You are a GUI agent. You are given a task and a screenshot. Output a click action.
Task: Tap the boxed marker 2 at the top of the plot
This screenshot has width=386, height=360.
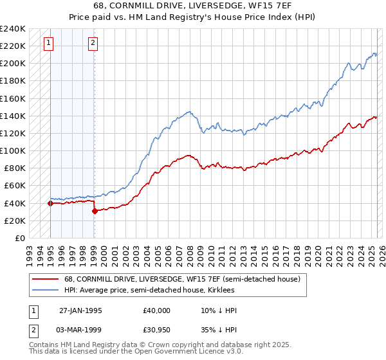(93, 43)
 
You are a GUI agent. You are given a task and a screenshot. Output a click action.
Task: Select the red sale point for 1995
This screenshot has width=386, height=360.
(50, 203)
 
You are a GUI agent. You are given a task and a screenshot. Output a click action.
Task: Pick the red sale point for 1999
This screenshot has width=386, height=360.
(95, 211)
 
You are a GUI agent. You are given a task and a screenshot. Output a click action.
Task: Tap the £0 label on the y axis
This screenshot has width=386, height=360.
(19, 238)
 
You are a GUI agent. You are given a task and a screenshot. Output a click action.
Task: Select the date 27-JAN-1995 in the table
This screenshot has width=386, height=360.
(80, 310)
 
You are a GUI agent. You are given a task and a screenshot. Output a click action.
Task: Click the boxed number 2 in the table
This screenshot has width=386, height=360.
(33, 331)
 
